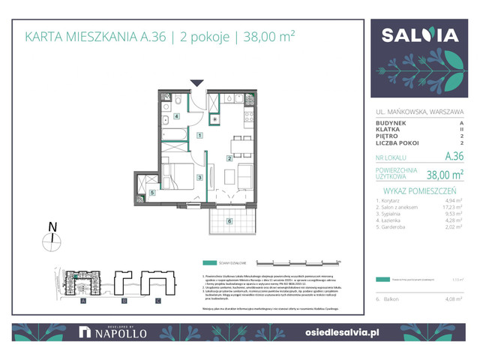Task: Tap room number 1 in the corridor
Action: pyautogui.click(x=199, y=136)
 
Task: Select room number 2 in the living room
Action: pyautogui.click(x=229, y=158)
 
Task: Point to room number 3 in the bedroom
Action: pyautogui.click(x=199, y=177)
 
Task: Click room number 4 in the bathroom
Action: pyautogui.click(x=177, y=117)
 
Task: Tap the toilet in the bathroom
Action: pyautogui.click(x=180, y=101)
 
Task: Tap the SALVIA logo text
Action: pyautogui.click(x=421, y=36)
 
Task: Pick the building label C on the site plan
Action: pyautogui.click(x=158, y=301)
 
